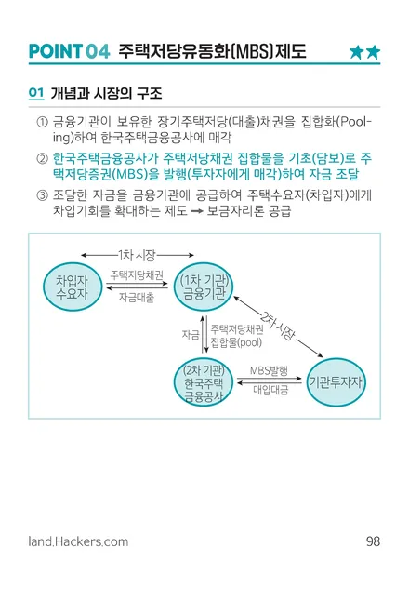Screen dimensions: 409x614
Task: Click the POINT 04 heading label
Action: [70, 51]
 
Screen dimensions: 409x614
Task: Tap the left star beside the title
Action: [357, 52]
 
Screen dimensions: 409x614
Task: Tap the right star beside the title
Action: [373, 52]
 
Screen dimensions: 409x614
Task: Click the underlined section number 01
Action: [36, 93]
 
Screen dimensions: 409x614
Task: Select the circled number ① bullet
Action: [42, 122]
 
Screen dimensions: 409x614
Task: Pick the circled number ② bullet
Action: [42, 158]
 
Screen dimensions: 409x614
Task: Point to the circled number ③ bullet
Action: [42, 195]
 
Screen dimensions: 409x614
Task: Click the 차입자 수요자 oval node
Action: [73, 287]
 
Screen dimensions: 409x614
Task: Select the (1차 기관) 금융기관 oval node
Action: [204, 287]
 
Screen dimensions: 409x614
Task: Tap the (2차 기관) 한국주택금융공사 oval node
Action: [204, 382]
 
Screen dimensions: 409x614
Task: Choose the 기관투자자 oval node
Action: [336, 382]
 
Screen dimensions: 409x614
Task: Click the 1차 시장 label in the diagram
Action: [137, 255]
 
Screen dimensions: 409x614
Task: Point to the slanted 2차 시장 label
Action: [278, 326]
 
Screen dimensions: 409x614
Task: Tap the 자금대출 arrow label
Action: [137, 298]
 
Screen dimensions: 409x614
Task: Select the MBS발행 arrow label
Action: [269, 370]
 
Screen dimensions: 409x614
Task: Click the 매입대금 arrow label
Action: [270, 390]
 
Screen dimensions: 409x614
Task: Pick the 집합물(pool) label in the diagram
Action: [236, 342]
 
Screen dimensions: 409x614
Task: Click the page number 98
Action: [373, 541]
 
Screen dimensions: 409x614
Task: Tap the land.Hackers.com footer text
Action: [78, 541]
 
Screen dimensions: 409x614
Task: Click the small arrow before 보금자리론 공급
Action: [197, 211]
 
